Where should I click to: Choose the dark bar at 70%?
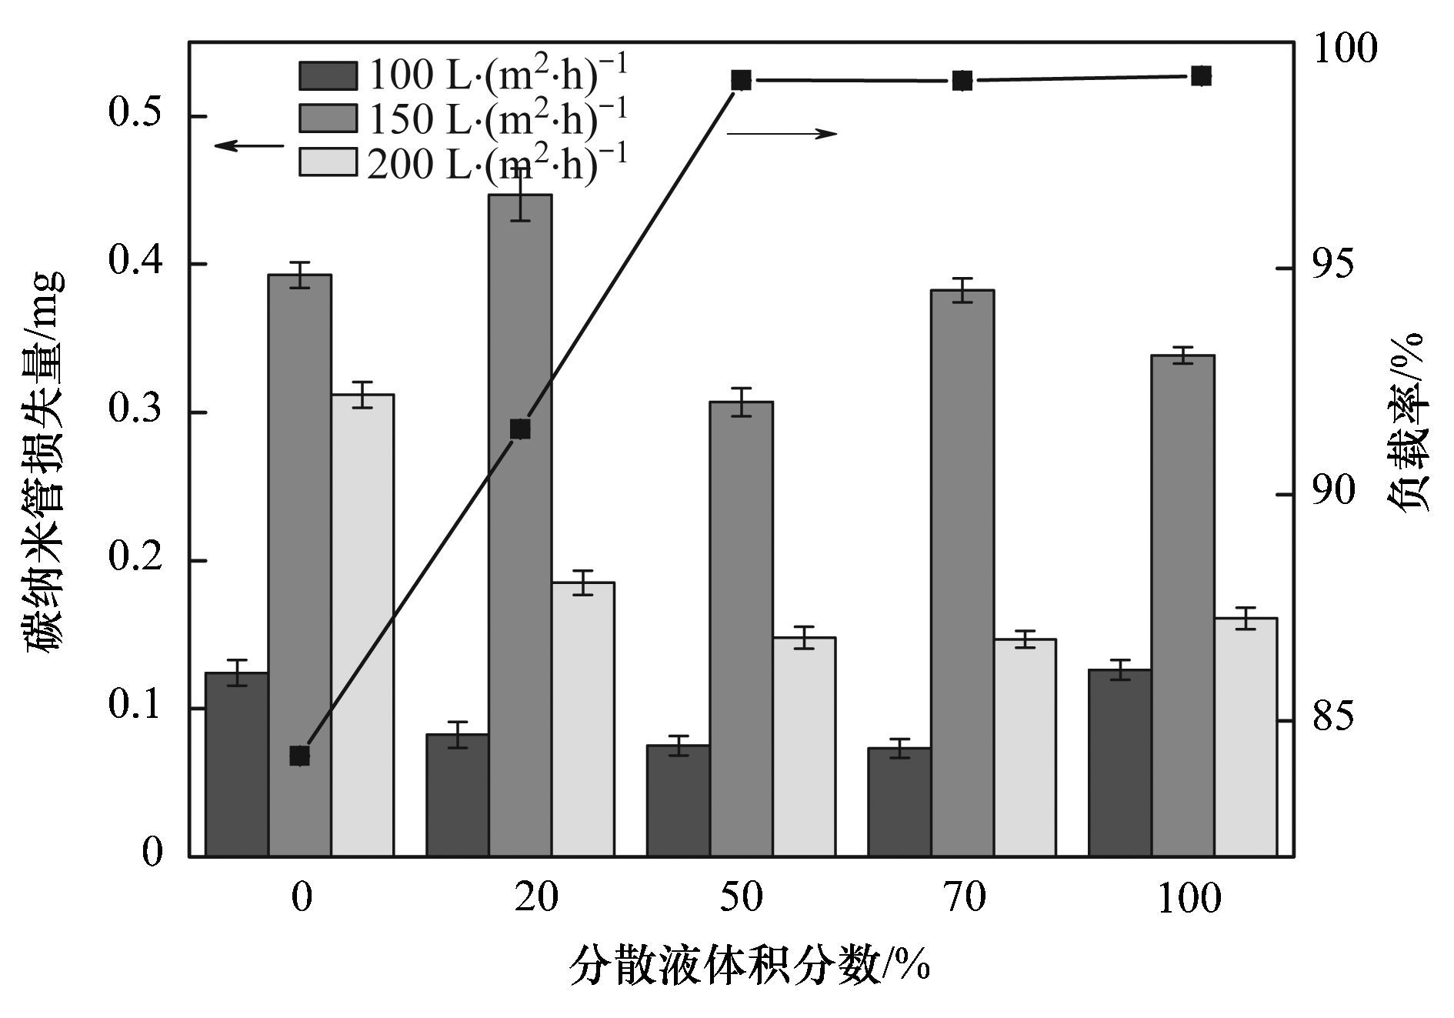coord(899,801)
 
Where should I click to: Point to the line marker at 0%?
coord(300,756)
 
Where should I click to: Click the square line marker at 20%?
coord(520,429)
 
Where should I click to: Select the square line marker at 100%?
coord(1201,75)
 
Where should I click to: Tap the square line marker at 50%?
coord(741,80)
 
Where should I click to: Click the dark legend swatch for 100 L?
coord(328,75)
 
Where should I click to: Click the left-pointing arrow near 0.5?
coord(248,145)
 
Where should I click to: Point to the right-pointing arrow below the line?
coord(782,133)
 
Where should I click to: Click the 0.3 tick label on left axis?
coord(136,410)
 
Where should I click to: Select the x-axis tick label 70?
coord(963,897)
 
